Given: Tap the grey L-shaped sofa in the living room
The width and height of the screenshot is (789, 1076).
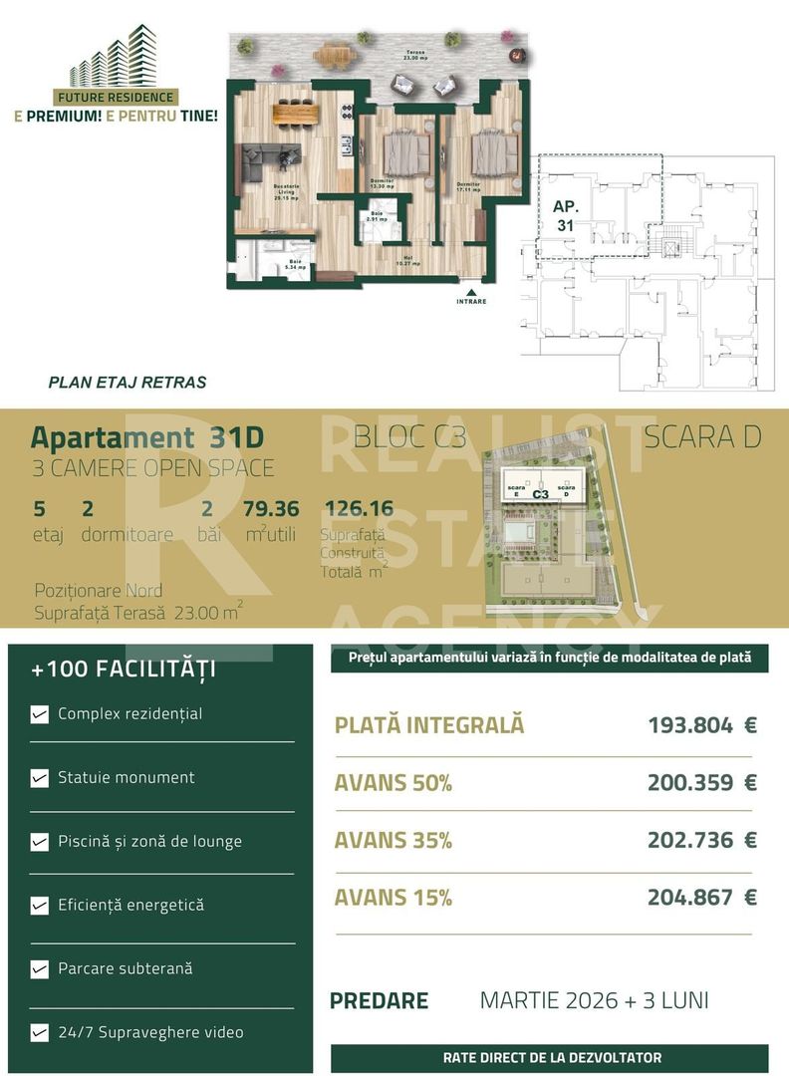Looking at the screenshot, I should [x=267, y=158].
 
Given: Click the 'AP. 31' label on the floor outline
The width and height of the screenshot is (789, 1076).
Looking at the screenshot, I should [x=565, y=216].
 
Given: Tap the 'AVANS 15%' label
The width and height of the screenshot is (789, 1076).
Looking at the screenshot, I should [x=393, y=898].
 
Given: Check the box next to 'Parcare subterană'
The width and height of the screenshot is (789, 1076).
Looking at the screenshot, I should [x=40, y=969].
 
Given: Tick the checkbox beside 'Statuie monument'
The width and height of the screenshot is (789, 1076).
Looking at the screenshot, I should [x=40, y=778].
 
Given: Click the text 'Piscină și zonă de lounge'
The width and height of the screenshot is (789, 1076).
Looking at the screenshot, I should [x=149, y=841].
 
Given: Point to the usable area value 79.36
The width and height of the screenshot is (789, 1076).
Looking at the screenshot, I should [x=271, y=509].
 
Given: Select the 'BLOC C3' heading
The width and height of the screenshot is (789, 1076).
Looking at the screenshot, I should [x=409, y=436].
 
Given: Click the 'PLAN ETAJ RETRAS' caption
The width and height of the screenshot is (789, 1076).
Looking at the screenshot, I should [x=128, y=382].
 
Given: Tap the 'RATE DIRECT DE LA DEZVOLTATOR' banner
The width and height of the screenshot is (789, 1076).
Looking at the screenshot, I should [x=552, y=1058].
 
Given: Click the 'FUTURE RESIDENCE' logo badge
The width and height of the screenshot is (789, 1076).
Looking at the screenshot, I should [x=116, y=98].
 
